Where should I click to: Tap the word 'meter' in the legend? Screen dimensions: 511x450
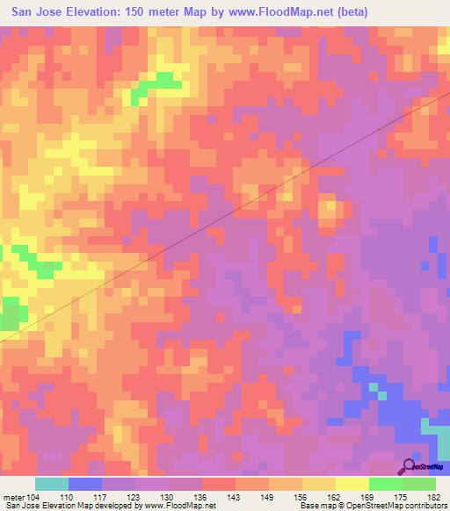point(13,496)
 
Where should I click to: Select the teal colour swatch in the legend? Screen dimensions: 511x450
point(52,484)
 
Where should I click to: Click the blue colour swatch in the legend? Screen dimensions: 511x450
point(85,484)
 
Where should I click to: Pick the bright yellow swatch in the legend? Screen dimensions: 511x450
point(352,484)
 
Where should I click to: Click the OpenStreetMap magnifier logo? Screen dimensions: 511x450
point(410,467)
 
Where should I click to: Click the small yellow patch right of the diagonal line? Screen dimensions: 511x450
point(330,210)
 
